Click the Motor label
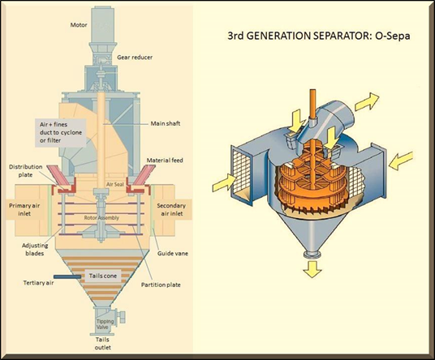[x=79, y=25]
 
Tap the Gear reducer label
[x=135, y=58]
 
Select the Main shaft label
[x=166, y=123]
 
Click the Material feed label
[x=165, y=161]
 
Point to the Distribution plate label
[x=25, y=171]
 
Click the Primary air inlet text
[x=24, y=209]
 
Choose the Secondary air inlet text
[x=171, y=209]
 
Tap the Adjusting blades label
[x=35, y=249]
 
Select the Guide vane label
[x=173, y=253]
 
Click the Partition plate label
[x=161, y=285]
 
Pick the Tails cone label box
[x=103, y=276]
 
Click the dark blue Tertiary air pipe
[x=67, y=276]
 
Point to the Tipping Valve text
[x=105, y=324]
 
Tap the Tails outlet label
[x=103, y=343]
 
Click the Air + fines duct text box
[x=61, y=133]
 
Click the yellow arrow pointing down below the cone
[x=312, y=268]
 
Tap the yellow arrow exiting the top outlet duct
[x=367, y=101]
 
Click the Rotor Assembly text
[x=101, y=218]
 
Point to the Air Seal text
[x=115, y=184]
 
